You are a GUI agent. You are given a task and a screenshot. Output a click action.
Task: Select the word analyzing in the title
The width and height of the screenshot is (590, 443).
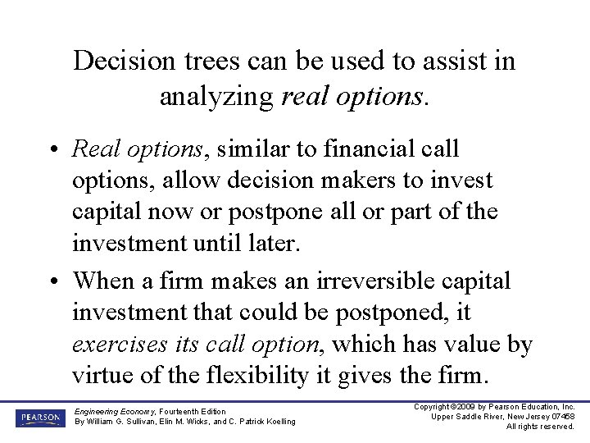[x=216, y=97]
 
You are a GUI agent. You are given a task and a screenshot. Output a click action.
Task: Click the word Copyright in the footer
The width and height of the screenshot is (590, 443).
[x=434, y=407]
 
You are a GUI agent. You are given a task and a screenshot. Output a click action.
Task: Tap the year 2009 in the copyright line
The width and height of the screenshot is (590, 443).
[x=466, y=407]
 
